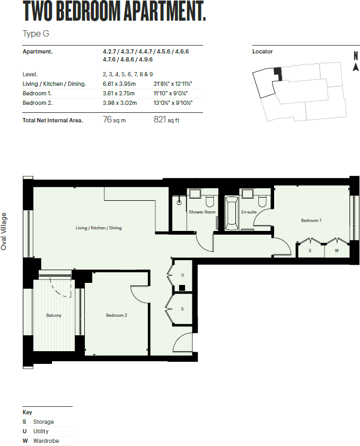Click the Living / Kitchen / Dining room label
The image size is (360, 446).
tap(99, 228)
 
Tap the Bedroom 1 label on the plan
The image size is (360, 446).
tap(311, 220)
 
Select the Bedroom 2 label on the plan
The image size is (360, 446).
tap(116, 315)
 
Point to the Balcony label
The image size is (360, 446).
tap(54, 315)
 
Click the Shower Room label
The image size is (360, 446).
tap(202, 212)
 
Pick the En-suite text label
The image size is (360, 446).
tap(248, 212)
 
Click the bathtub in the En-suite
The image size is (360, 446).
tap(232, 213)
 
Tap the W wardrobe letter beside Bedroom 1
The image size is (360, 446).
tap(336, 251)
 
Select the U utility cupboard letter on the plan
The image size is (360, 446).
tap(182, 275)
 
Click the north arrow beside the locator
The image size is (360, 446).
tap(355, 67)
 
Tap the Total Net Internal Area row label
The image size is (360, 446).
tap(52, 121)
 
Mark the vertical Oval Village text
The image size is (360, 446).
tap(4, 231)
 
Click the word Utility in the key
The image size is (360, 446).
tap(41, 431)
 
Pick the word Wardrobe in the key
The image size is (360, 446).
tap(46, 441)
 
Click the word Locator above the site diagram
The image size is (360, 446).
tap(262, 52)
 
